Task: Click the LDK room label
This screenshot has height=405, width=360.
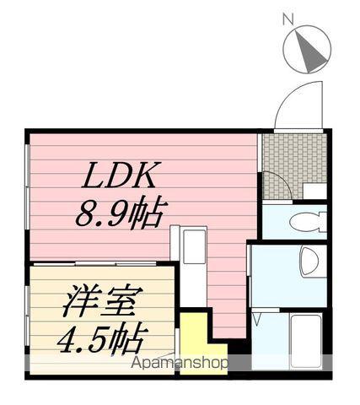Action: pyautogui.click(x=119, y=175)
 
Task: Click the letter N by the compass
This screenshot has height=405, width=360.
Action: pyautogui.click(x=288, y=19)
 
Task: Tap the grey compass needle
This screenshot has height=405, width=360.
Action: pyautogui.click(x=310, y=51)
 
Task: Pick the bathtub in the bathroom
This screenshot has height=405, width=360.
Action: pyautogui.click(x=306, y=341)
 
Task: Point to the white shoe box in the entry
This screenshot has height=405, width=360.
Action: pyautogui.click(x=315, y=192)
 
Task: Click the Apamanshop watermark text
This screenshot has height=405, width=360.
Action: pyautogui.click(x=180, y=363)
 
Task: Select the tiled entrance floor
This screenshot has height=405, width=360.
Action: pyautogui.click(x=294, y=166)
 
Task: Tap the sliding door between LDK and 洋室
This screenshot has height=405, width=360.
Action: pyautogui.click(x=95, y=264)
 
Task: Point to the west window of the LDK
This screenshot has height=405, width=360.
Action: pyautogui.click(x=27, y=186)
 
